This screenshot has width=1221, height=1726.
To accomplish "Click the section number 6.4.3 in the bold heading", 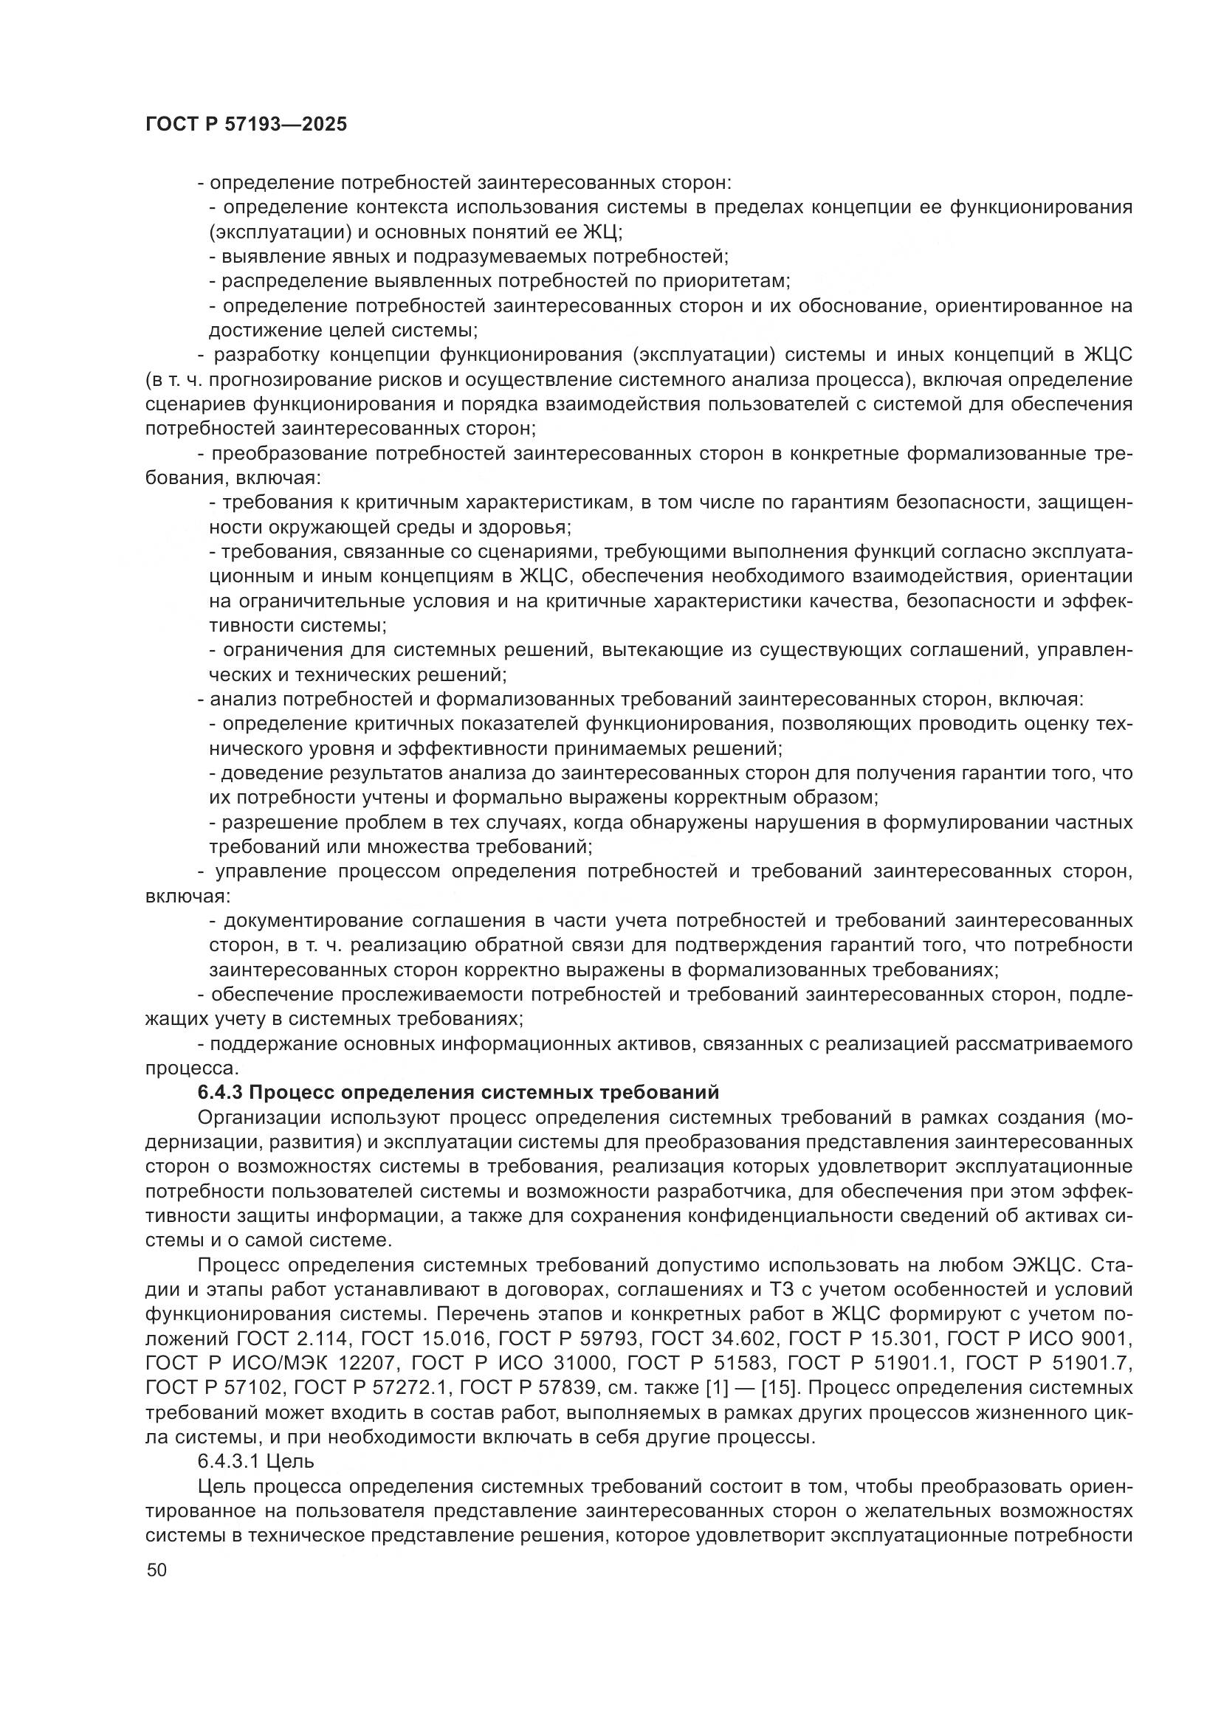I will (x=220, y=1092).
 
